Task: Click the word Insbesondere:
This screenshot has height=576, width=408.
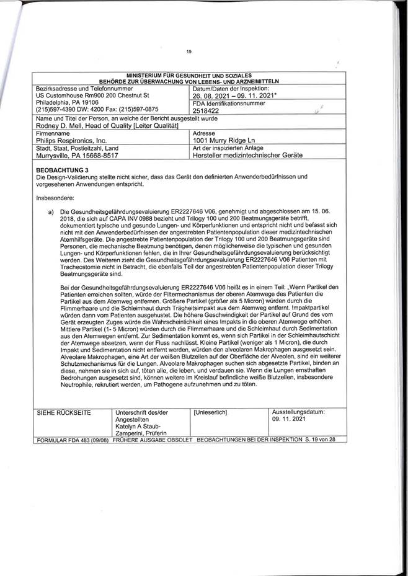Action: coord(55,197)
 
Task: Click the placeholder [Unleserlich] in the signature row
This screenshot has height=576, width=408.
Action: coord(211,412)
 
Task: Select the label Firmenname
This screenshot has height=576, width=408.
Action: coord(53,133)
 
